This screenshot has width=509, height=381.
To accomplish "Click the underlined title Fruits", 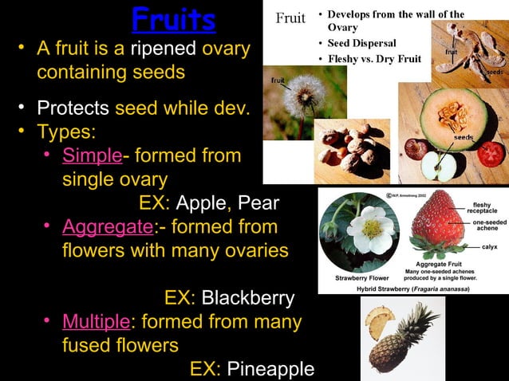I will [174, 19].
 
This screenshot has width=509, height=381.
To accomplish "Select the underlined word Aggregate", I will [108, 227].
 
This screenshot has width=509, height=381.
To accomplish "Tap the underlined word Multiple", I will [96, 322].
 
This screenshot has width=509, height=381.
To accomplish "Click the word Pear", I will [258, 202].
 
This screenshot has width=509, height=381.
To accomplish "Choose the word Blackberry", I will [247, 298].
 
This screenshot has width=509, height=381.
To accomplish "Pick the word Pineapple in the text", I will [270, 370].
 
